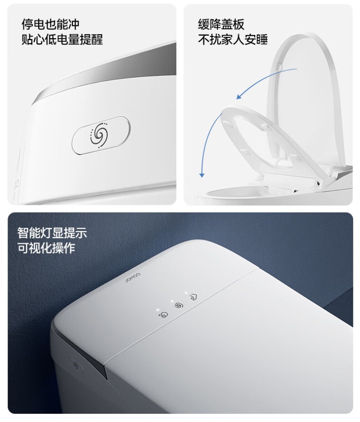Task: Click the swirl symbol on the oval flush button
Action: pyautogui.click(x=99, y=135)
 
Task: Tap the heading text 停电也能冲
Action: pyautogui.click(x=50, y=24)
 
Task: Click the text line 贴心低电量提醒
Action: pyautogui.click(x=62, y=39)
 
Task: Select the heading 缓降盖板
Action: pyautogui.click(x=221, y=24)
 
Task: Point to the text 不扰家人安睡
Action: pyautogui.click(x=233, y=39)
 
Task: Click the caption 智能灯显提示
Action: pyautogui.click(x=53, y=233)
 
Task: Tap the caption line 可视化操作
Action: pyautogui.click(x=46, y=248)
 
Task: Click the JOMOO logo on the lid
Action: pyautogui.click(x=133, y=277)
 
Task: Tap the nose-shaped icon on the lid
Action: pyautogui.click(x=193, y=297)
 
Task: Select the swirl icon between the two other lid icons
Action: pyautogui.click(x=179, y=305)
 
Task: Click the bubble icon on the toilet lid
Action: pyautogui.click(x=163, y=314)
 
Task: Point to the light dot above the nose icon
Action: pyautogui.click(x=186, y=293)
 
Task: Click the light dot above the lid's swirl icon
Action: pyautogui.click(x=172, y=301)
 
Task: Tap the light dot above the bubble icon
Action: pyautogui.click(x=158, y=310)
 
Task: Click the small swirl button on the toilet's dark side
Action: pyautogui.click(x=76, y=365)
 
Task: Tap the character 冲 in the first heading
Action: pyautogui.click(x=74, y=24)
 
